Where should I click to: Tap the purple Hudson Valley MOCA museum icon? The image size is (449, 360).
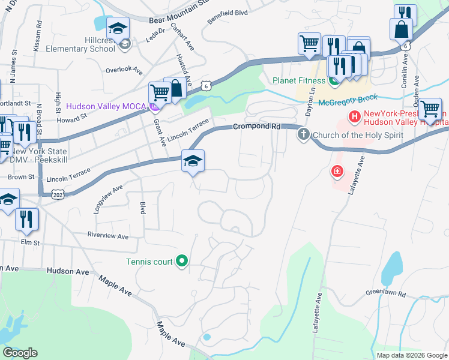click(154, 107)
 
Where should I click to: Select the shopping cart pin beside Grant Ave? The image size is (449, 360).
click(159, 93)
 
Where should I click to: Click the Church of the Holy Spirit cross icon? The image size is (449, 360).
click(304, 134)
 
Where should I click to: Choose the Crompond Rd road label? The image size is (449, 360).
click(257, 127)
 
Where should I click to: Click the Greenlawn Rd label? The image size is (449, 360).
click(386, 294)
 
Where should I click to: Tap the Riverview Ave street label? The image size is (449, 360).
click(108, 236)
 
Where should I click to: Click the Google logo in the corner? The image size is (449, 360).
click(20, 353)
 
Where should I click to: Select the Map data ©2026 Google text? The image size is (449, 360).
click(411, 355)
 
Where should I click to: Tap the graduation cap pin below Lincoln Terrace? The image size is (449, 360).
click(193, 161)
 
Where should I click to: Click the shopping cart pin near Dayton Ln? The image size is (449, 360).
click(309, 43)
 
